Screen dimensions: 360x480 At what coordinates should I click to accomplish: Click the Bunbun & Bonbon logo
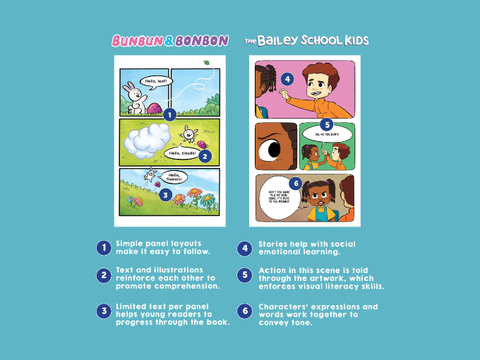tap(169, 41)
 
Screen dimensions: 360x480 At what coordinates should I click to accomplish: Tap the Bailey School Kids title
tap(306, 41)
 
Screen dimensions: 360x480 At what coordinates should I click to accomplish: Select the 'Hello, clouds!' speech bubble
tap(181, 152)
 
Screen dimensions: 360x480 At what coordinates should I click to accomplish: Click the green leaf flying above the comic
tap(207, 63)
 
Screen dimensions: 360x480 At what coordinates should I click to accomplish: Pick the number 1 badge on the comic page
tap(169, 113)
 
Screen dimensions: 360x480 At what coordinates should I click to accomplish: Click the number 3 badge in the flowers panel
tap(164, 193)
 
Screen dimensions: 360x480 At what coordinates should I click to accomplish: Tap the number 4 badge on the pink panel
tap(287, 79)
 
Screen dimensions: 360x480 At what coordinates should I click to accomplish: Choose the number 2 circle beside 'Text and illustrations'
tap(103, 275)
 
